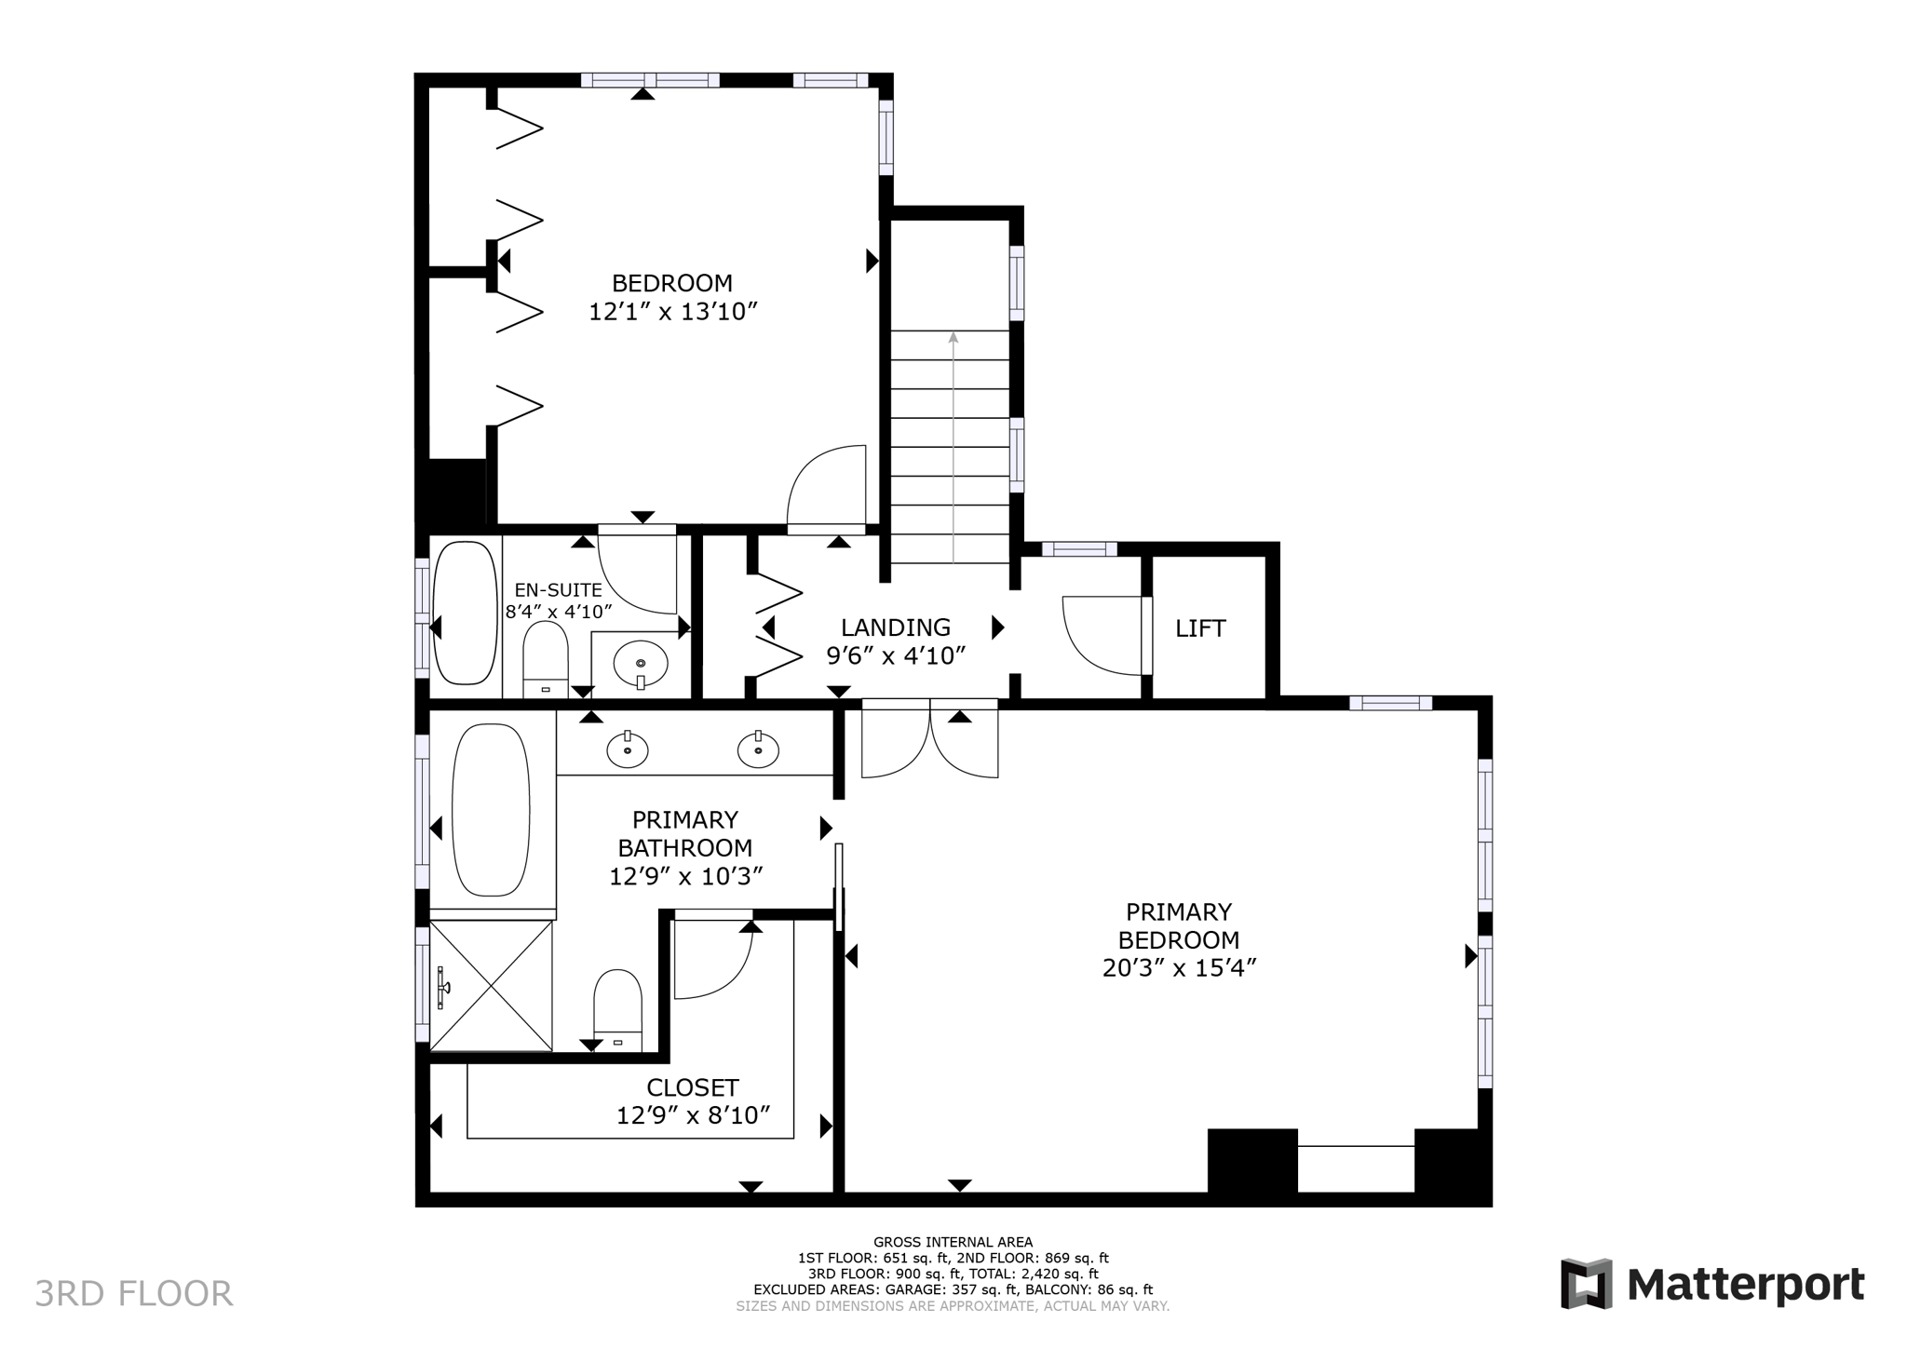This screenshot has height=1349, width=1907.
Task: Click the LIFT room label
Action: [x=1199, y=628]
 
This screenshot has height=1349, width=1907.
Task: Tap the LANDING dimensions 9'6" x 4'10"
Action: [x=896, y=656]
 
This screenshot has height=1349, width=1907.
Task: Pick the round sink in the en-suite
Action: [x=641, y=663]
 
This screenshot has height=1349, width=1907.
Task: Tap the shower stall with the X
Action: [x=492, y=985]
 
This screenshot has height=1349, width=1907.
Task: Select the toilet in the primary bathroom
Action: [x=617, y=1008]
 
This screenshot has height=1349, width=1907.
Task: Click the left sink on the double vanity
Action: [x=628, y=749]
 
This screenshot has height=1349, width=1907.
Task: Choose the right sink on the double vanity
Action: [x=758, y=749]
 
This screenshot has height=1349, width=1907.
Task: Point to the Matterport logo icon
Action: [x=1586, y=1284]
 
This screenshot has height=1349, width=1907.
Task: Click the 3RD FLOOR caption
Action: [x=133, y=1293]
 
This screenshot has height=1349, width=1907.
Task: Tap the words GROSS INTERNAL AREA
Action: [x=953, y=1242]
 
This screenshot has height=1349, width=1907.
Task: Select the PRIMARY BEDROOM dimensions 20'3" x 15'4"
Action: [x=1179, y=968]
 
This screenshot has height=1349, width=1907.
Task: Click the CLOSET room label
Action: [x=693, y=1087]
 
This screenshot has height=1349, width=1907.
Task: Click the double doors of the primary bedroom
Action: [x=929, y=740]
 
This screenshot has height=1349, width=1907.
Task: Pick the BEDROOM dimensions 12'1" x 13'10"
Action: [x=672, y=312]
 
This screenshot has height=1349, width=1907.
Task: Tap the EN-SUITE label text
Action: [x=559, y=590]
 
